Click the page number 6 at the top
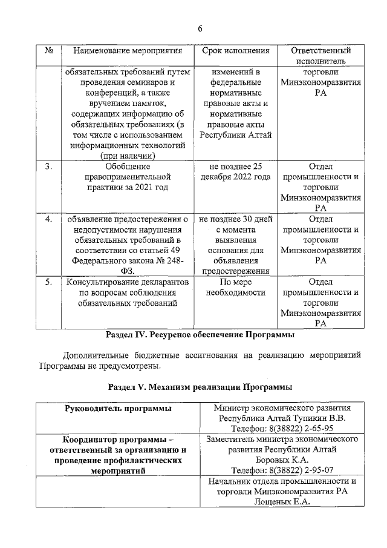200,28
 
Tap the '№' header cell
50,51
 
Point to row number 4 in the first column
50,219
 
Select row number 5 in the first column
50,283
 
